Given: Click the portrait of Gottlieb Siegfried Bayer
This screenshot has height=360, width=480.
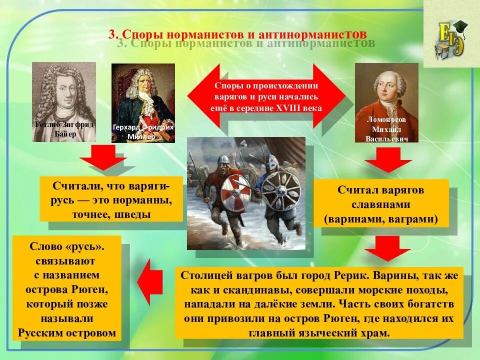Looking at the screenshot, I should tap(64, 100).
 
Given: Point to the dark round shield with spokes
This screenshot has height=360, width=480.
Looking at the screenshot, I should tap(281, 191).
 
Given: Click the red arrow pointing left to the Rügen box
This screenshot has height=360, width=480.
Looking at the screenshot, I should tap(150, 281).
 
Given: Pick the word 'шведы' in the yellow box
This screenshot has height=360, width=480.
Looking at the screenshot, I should tap(133, 214).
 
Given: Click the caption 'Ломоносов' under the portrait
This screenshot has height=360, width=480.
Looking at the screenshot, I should tap(386, 120).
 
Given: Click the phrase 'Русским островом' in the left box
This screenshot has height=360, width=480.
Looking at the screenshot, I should tap(67, 333).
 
